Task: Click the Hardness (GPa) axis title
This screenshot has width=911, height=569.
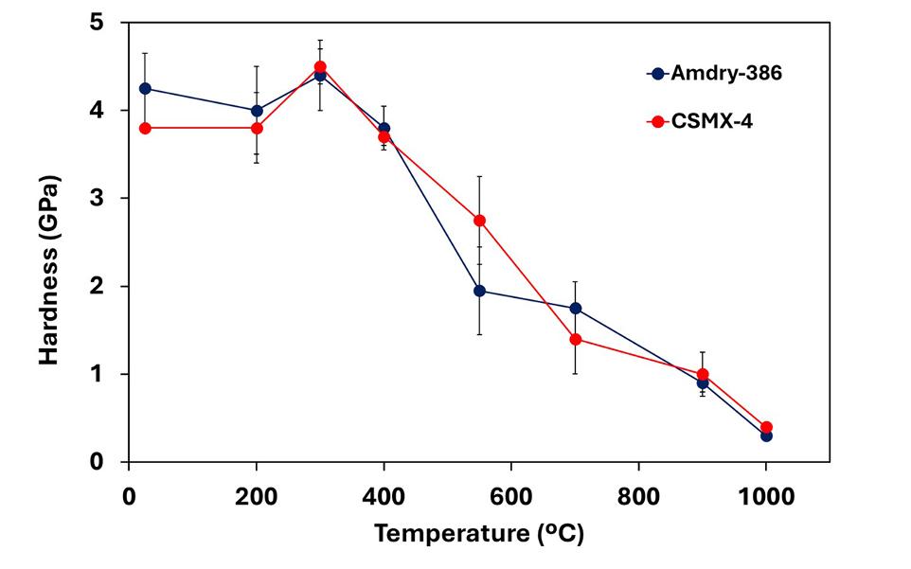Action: (x=49, y=269)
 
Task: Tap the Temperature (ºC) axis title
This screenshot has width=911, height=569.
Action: (x=478, y=534)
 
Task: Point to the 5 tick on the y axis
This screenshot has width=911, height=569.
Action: (x=98, y=22)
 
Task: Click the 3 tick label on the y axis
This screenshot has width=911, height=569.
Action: (x=98, y=198)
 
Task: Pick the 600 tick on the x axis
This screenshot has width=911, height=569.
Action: (x=510, y=494)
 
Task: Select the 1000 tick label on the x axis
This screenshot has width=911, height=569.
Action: (x=765, y=494)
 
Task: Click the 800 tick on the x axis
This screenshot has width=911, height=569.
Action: (x=637, y=494)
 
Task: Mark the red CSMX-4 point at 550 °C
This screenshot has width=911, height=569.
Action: (x=479, y=221)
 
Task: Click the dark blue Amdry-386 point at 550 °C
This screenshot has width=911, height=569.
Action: (x=479, y=291)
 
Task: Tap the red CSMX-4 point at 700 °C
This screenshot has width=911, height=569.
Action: (x=575, y=339)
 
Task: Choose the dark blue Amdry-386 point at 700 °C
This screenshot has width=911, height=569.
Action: (x=575, y=309)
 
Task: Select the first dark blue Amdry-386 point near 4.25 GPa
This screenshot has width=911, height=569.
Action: (x=145, y=88)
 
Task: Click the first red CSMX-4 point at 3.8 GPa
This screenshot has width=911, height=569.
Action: (x=145, y=128)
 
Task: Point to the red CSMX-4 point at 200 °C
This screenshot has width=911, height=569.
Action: (x=257, y=128)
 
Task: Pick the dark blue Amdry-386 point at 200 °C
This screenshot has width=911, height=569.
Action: (x=257, y=110)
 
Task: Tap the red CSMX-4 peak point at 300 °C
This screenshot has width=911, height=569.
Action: (x=320, y=66)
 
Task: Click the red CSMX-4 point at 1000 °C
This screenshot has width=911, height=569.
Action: (x=766, y=427)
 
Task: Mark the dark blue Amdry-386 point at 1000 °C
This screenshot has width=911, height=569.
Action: (x=766, y=436)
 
